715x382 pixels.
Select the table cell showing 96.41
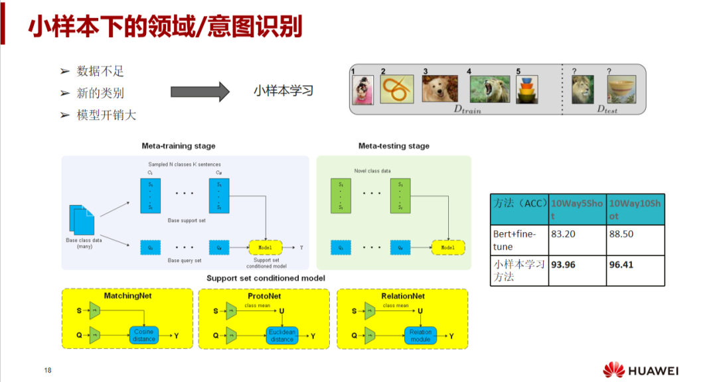tap(635, 271)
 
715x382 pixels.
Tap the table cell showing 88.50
tap(635, 240)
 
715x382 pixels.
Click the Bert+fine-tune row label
tap(520, 240)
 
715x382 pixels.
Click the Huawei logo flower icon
tap(614, 369)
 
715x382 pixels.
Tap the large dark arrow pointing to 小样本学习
tap(200, 92)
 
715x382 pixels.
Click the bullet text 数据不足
tap(100, 72)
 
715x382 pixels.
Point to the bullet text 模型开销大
tap(106, 115)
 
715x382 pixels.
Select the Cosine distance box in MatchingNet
tap(143, 336)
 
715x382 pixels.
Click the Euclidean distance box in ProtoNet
tap(281, 336)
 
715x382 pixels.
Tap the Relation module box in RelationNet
tap(420, 336)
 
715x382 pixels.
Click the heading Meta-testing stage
tap(394, 146)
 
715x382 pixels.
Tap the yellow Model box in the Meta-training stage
tap(265, 247)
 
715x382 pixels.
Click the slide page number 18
tap(48, 370)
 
